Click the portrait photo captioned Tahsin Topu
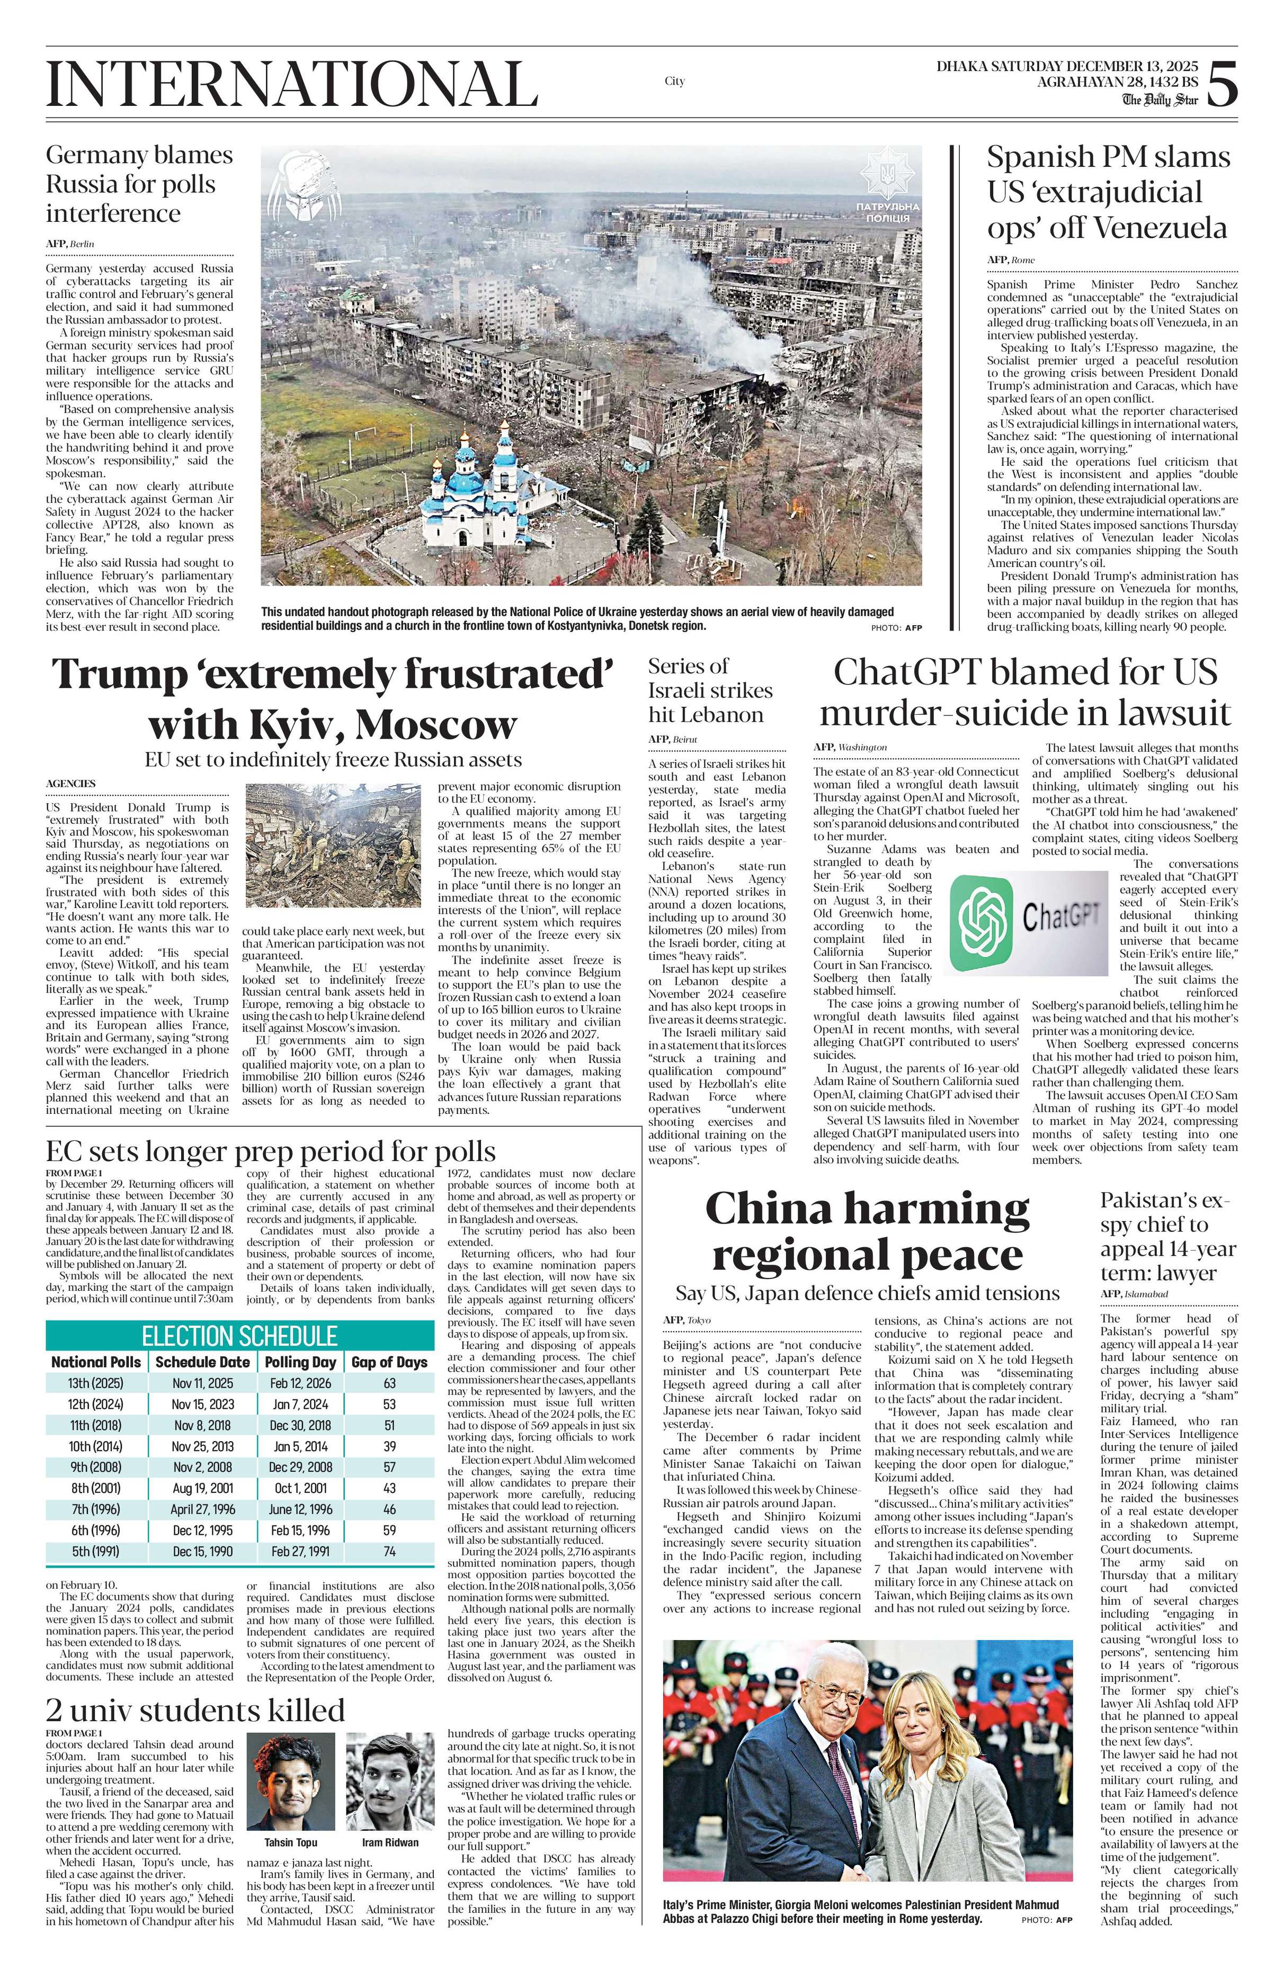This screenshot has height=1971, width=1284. click(291, 1789)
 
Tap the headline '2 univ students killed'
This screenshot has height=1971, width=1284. click(195, 1710)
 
